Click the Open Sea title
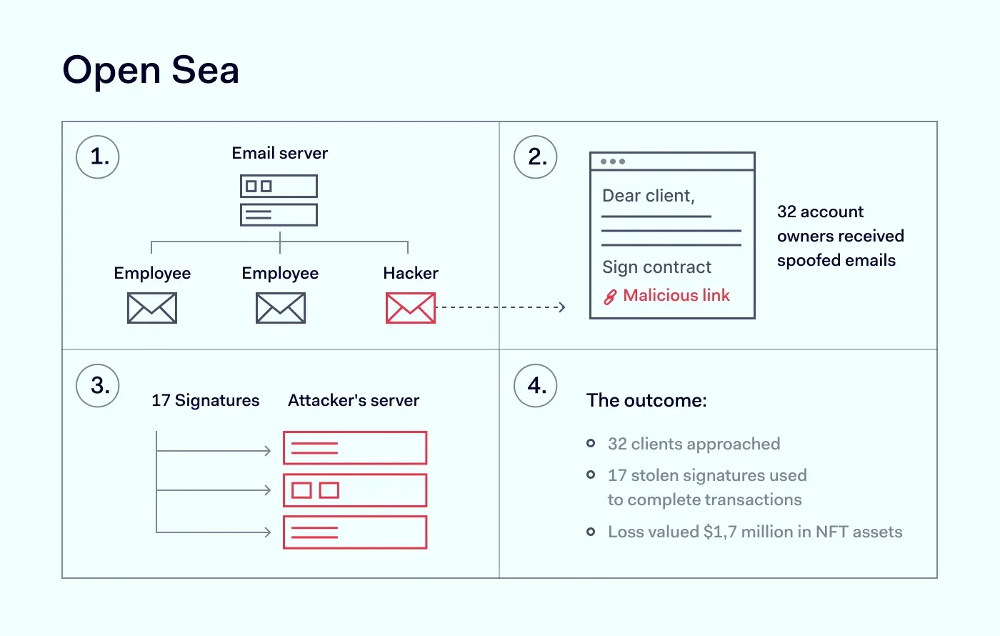coord(151,70)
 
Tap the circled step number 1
coord(98,157)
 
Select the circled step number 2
coord(536,157)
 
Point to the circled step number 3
coord(98,386)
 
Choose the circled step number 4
coord(536,386)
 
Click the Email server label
coord(279,153)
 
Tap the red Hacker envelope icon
coord(411,308)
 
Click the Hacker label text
coord(411,273)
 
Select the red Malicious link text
coord(676,296)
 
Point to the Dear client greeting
coord(648,196)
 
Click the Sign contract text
coord(656,267)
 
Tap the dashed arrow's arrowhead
coord(562,307)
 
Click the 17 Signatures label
coord(205,400)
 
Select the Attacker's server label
coord(354,400)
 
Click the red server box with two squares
coord(355,490)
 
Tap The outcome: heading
coord(646,400)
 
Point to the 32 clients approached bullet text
coord(694,444)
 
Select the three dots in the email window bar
coord(613,162)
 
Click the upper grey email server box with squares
coord(279,187)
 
